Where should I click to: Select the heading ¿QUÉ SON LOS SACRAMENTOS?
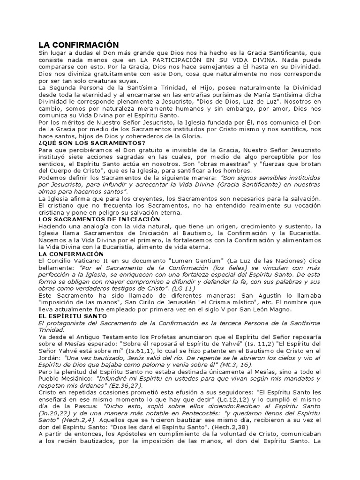pos(92,142)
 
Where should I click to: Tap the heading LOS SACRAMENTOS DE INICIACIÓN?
pos(99,219)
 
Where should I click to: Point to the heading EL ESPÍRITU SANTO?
pos(71,317)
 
